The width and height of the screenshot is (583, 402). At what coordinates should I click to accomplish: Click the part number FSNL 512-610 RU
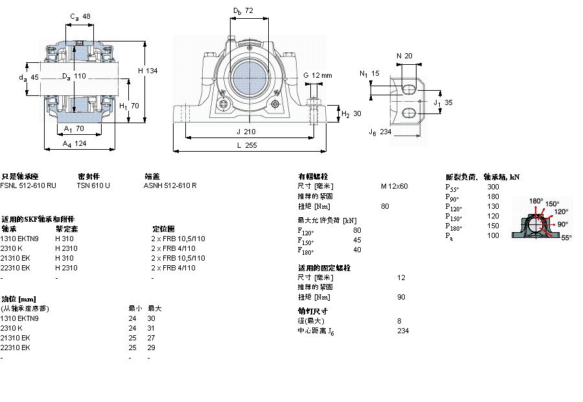[x=28, y=185]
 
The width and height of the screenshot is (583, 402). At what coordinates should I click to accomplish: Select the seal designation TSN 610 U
[x=93, y=185]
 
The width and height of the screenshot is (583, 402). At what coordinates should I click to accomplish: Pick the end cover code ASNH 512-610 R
[x=170, y=185]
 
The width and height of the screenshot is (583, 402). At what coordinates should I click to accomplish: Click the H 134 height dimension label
[x=148, y=71]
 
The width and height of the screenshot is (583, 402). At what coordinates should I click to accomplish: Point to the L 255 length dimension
[x=246, y=146]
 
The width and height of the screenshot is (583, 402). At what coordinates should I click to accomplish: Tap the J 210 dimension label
[x=247, y=132]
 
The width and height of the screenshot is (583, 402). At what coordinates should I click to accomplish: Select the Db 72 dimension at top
[x=243, y=10]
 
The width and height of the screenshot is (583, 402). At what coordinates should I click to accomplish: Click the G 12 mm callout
[x=317, y=75]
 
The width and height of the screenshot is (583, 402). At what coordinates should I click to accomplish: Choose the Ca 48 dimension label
[x=80, y=16]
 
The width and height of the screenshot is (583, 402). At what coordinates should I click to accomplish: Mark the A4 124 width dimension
[x=74, y=143]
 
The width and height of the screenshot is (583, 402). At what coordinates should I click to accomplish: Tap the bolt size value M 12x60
[x=394, y=186]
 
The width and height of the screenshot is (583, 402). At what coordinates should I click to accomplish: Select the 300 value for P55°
[x=493, y=187]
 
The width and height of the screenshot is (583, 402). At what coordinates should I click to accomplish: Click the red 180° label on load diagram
[x=536, y=201]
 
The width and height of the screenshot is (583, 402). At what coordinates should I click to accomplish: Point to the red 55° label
[x=566, y=238]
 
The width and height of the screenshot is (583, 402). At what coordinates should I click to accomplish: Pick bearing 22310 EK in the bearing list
[x=16, y=268]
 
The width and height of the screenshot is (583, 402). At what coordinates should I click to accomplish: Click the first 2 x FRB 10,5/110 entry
[x=177, y=239]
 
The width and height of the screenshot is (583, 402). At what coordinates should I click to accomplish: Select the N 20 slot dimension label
[x=404, y=56]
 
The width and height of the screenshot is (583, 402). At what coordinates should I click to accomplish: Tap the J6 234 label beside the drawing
[x=380, y=132]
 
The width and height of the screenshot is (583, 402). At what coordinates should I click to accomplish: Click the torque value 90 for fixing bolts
[x=401, y=297]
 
